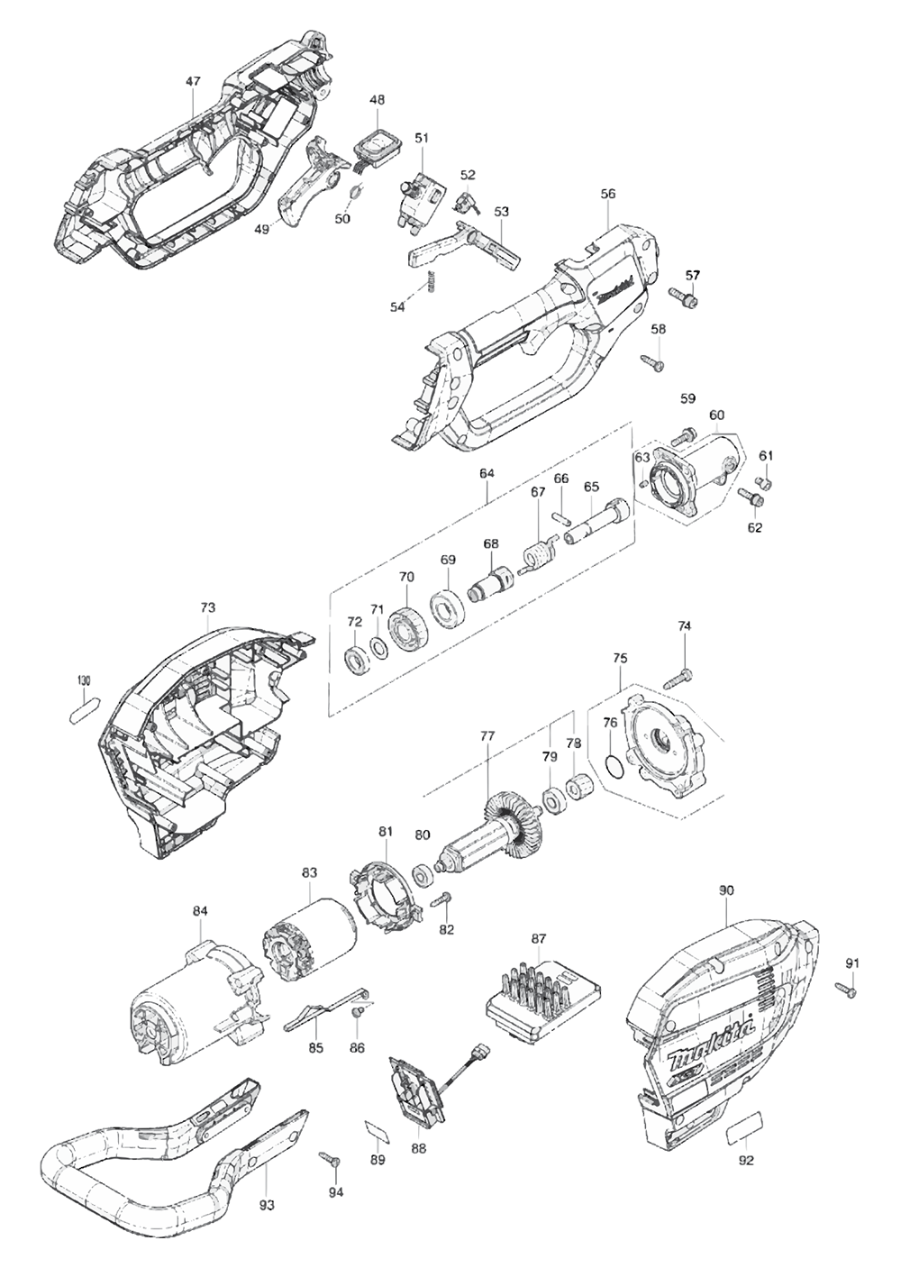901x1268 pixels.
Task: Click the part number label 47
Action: coord(193,81)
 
